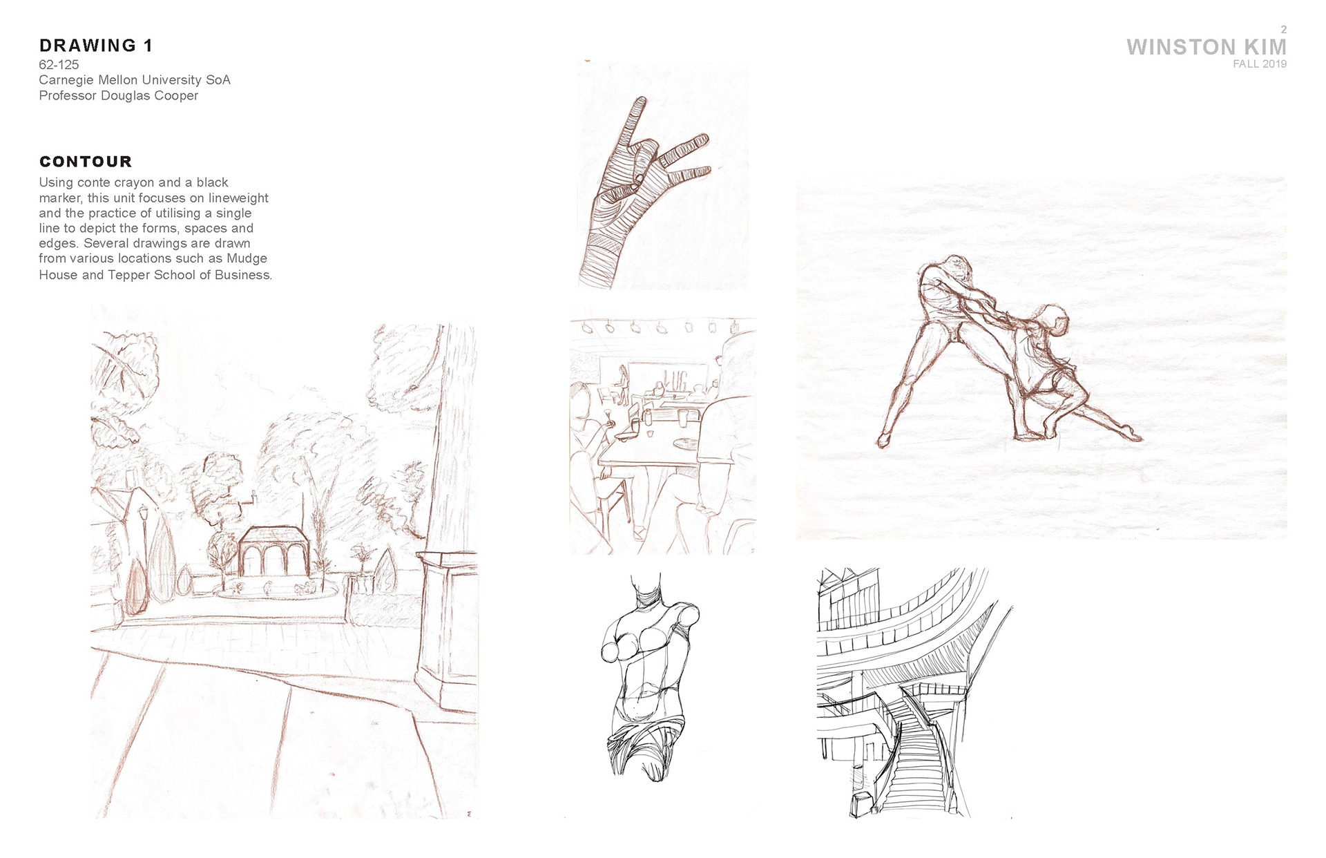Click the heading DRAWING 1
point(95,46)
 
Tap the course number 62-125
point(59,65)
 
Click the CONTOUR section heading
point(86,162)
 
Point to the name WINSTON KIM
point(1207,47)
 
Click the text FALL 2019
point(1260,64)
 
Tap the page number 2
point(1284,30)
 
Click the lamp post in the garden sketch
point(144,546)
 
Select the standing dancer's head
point(956,267)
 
